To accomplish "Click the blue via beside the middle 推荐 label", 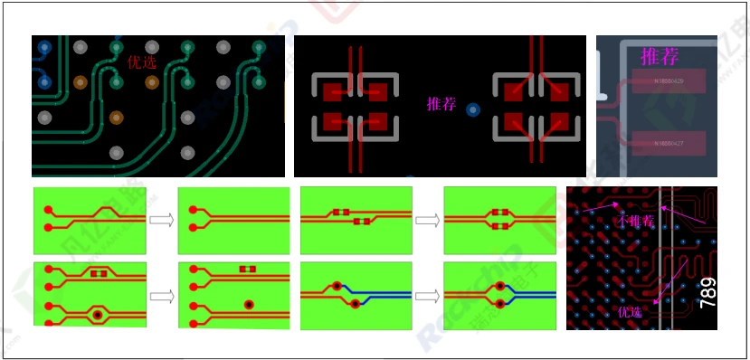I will [471, 110].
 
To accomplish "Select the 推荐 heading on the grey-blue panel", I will [660, 56].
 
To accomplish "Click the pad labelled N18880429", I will [669, 81].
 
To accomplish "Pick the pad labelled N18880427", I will [669, 143].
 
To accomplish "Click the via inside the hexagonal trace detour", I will [97, 315].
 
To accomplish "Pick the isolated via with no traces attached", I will [247, 304].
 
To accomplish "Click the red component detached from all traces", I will [247, 270].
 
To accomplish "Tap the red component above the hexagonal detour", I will [98, 272].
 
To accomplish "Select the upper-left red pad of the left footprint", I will [333, 91].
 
